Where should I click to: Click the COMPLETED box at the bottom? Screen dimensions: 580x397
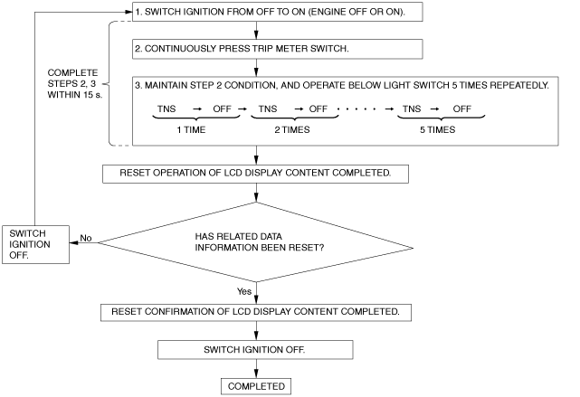pos(256,386)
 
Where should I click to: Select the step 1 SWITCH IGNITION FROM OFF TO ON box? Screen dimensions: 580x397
pos(278,12)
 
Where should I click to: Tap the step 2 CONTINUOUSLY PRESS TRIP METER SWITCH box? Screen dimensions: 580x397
pos(278,49)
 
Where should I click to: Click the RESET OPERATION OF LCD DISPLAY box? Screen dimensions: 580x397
pos(255,174)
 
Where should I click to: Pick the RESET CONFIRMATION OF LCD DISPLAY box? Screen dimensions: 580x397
pos(256,312)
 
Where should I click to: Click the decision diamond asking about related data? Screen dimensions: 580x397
pos(255,242)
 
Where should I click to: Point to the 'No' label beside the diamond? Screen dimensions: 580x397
pos(86,238)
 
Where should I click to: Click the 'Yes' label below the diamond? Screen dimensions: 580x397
pos(244,291)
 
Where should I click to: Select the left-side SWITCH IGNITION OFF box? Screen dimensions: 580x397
pos(35,244)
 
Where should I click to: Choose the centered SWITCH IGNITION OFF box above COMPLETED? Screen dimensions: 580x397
pos(255,350)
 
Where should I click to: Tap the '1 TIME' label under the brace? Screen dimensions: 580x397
pos(191,129)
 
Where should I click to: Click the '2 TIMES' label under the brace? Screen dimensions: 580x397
pos(292,129)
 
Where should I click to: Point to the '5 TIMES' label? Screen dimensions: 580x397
pos(438,129)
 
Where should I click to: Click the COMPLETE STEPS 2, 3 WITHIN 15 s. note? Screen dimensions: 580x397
pos(75,83)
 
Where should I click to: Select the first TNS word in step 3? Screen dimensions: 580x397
pos(166,109)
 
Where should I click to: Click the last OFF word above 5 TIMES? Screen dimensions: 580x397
pos(462,109)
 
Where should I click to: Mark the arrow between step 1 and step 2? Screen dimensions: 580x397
pos(256,31)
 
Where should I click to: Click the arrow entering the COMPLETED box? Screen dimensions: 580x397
pos(256,368)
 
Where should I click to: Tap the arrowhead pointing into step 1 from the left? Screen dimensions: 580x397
pos(128,12)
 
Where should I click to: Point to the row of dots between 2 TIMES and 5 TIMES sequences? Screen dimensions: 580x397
pos(357,109)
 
